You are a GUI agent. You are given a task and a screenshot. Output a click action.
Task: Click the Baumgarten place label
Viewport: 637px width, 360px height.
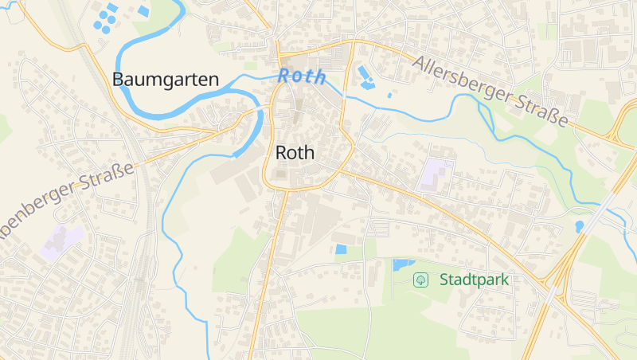click(166, 80)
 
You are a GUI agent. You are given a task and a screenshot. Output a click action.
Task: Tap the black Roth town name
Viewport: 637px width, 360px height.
click(295, 153)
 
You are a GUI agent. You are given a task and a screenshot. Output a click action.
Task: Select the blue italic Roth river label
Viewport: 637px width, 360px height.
click(302, 76)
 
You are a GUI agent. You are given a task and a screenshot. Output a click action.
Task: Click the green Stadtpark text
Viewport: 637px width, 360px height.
click(474, 280)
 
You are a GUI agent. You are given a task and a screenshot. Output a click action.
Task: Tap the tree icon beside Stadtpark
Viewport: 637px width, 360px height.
click(420, 280)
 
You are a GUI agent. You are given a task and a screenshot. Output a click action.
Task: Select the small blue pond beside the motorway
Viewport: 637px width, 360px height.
click(580, 227)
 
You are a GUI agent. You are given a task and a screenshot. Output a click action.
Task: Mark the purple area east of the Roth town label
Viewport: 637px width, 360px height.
click(436, 174)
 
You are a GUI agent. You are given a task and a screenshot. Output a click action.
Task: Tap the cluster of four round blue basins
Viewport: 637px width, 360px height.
click(105, 18)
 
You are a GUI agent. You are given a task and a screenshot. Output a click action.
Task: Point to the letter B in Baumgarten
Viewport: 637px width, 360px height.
click(118, 80)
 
